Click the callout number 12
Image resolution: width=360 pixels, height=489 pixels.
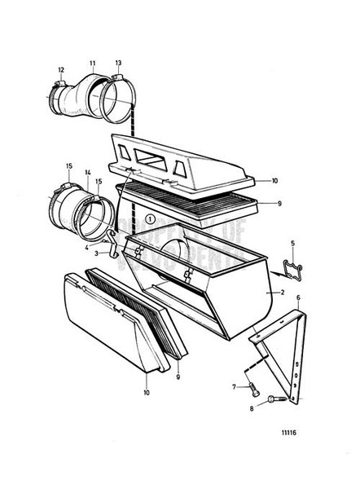tap(60, 69)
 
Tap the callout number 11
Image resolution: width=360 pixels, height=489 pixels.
tap(92, 63)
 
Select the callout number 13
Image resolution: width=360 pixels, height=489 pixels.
tap(118, 63)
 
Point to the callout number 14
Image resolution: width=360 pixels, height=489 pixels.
tap(88, 174)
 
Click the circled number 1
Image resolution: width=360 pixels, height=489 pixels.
tap(151, 219)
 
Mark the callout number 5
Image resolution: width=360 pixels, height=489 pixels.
tap(292, 243)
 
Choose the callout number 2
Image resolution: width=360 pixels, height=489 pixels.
tap(281, 291)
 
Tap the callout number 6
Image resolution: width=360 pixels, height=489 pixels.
tap(299, 297)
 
